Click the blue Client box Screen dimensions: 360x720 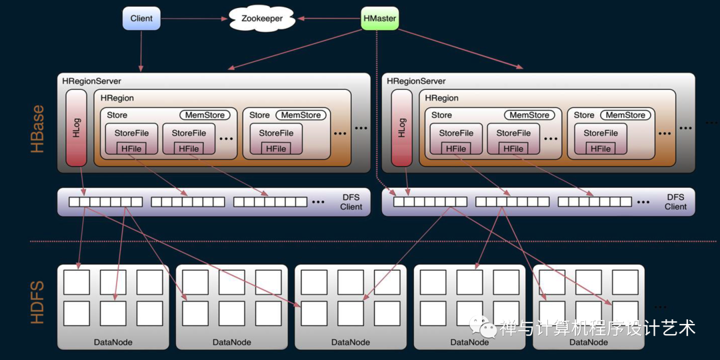point(141,19)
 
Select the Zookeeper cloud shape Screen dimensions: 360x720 point(261,19)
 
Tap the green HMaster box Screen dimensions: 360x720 point(379,19)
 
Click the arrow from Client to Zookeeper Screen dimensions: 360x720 point(193,19)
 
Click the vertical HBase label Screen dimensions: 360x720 point(38,129)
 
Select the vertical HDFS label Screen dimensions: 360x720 point(38,301)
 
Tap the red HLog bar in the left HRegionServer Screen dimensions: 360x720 point(76,128)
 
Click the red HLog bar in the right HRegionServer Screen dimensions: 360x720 point(401,128)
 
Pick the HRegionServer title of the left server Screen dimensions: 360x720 point(91,81)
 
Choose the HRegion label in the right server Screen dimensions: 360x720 point(442,98)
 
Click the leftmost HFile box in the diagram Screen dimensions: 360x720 point(131,149)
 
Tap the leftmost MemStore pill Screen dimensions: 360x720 point(205,115)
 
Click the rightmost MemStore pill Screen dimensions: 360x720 point(625,115)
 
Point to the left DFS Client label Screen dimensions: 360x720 point(351,202)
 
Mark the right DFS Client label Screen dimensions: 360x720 point(675,202)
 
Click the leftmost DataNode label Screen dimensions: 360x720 point(113,342)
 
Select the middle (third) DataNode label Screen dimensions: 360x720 point(351,342)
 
